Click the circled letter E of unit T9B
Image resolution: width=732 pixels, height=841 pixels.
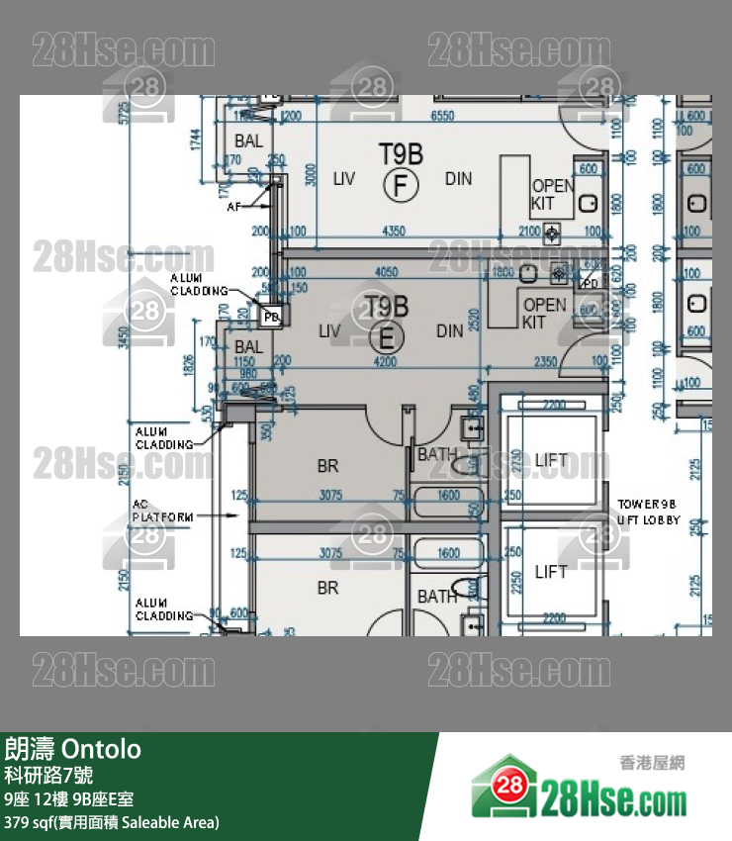click(x=387, y=337)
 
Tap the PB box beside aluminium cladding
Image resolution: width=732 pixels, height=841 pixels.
click(x=270, y=317)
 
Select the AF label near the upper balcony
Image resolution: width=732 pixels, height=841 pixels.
click(x=233, y=208)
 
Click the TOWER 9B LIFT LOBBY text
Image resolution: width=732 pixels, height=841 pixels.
click(x=649, y=512)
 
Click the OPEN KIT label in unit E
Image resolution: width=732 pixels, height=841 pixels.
click(x=545, y=314)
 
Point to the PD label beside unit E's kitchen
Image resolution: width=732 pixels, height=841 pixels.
click(x=590, y=283)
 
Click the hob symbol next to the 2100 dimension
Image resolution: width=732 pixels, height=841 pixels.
click(x=552, y=234)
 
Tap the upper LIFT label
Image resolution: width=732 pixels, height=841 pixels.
click(x=551, y=460)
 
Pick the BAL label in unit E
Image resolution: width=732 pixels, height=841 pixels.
click(x=249, y=347)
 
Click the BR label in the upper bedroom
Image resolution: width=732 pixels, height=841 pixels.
click(x=327, y=465)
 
